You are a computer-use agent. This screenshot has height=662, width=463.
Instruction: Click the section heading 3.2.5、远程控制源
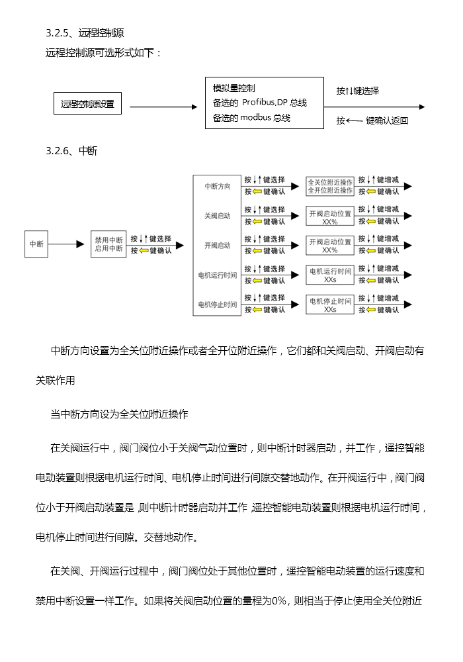pos(85,33)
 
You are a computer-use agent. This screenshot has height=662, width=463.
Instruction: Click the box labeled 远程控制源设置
pos(87,103)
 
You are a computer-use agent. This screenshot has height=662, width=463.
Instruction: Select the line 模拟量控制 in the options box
pos(234,88)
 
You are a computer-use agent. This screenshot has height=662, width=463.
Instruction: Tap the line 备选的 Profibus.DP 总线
pos(260,103)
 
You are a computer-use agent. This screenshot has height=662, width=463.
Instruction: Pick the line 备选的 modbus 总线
pos(251,117)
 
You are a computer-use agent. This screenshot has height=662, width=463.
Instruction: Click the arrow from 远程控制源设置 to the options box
pos(163,107)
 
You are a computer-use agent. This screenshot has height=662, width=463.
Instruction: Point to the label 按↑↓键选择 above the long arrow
pos(358,91)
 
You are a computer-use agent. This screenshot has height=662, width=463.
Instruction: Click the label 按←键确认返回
pos(372,120)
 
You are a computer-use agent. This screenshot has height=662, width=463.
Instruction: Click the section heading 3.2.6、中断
pos(71,151)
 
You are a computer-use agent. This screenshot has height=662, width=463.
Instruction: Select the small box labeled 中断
pos(36,244)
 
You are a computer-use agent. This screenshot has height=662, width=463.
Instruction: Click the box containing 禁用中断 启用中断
pos(108,244)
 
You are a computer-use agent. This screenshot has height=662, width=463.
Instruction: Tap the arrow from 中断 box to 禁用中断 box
pos(66,244)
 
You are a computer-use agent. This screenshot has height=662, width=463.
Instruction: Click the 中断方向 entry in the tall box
pos(218,186)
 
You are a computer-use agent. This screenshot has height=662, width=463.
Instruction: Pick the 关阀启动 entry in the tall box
pos(218,216)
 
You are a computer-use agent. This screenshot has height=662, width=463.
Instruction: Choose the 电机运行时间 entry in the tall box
pos(218,275)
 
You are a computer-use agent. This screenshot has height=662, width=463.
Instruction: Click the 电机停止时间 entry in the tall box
pos(218,305)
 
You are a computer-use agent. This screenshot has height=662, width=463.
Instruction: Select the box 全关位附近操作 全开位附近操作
pos(330,186)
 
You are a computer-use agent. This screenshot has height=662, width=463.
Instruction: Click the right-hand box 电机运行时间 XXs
pos(330,275)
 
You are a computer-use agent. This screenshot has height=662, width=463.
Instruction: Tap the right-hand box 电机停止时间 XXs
pos(330,305)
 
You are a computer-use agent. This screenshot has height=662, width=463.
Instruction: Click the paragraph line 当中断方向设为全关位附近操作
pos(119,414)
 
